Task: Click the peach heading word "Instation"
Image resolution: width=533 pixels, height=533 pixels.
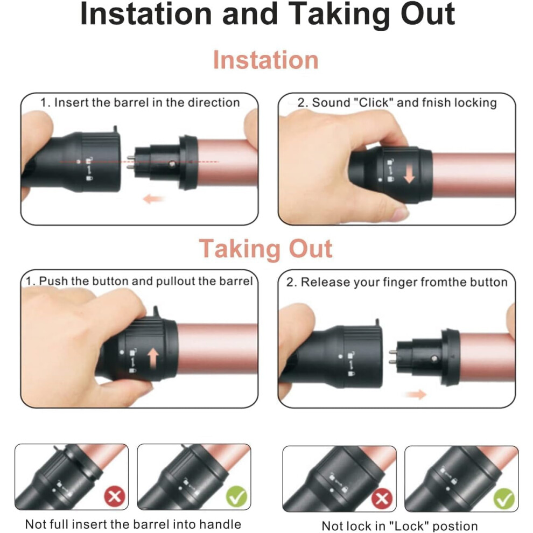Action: (x=265, y=60)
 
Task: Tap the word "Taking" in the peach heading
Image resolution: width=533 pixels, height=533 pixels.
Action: (x=241, y=249)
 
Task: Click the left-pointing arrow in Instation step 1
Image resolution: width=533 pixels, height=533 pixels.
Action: (x=153, y=199)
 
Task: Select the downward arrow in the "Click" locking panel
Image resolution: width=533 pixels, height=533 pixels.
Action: (x=409, y=174)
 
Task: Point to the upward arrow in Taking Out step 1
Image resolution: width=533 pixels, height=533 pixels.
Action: (x=153, y=359)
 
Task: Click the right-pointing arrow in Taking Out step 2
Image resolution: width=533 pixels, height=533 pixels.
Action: (x=416, y=394)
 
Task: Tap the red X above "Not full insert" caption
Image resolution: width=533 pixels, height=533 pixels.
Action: (x=114, y=496)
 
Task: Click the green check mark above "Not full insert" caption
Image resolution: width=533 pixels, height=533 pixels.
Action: (x=236, y=496)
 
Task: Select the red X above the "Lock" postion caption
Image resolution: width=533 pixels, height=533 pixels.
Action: (x=382, y=499)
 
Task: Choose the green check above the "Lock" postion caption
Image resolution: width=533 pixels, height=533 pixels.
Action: (x=504, y=499)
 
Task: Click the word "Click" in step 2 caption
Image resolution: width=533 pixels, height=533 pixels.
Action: (x=373, y=102)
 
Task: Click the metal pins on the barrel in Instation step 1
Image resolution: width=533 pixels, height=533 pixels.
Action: (x=131, y=162)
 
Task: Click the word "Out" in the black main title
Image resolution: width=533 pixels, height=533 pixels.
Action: (x=427, y=15)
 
